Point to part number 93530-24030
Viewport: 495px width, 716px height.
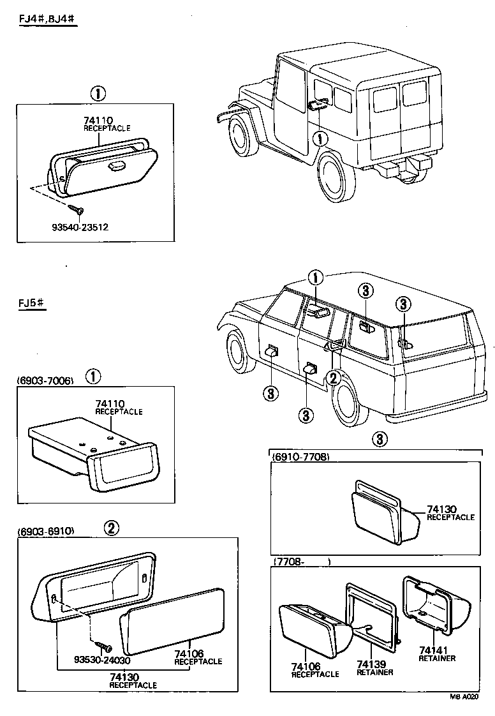click(83, 661)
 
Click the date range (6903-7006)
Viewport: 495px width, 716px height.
click(46, 381)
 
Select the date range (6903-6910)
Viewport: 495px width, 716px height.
click(46, 531)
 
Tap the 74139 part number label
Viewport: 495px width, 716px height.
click(372, 664)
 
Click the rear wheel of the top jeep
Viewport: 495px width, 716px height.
click(335, 174)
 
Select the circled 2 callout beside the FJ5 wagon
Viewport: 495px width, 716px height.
click(333, 378)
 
